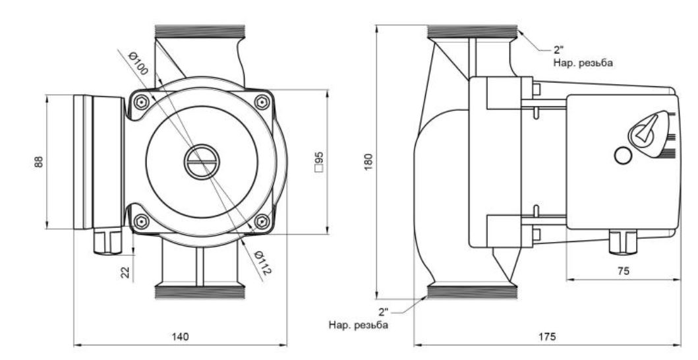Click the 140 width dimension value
pos(180,336)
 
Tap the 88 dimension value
pos(39,162)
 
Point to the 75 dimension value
pos(623,271)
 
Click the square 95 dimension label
pos(319,162)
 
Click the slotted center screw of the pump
pos(198,161)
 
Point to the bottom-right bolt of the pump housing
pos(262,221)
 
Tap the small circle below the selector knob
pos(622,156)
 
